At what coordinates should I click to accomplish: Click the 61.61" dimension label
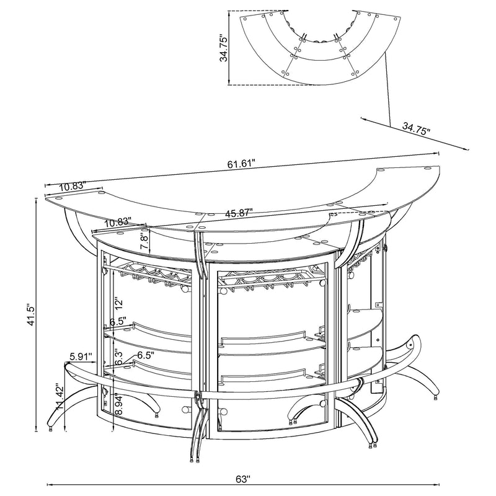[x=242, y=164]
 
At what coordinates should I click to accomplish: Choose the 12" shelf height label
[x=117, y=303]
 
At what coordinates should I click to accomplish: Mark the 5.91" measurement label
[x=81, y=356]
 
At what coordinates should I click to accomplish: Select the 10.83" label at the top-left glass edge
[x=73, y=187]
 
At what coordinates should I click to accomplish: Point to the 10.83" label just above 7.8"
[x=118, y=221]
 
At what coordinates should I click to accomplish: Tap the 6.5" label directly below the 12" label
[x=118, y=322]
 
